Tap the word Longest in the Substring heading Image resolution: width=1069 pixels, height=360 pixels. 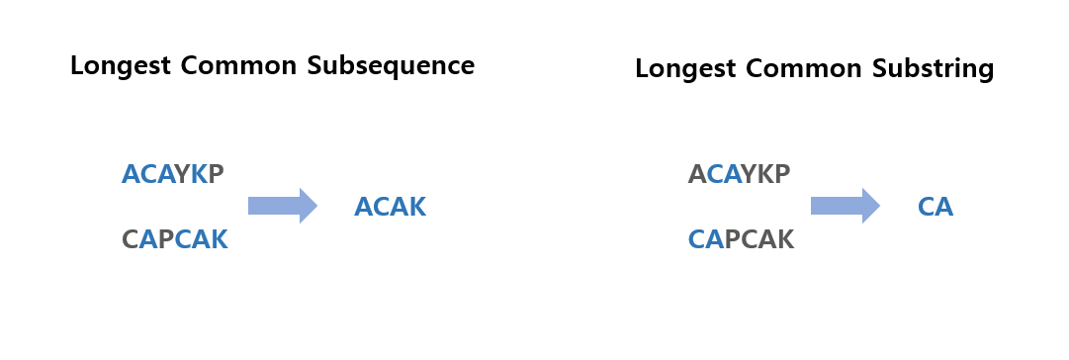click(684, 69)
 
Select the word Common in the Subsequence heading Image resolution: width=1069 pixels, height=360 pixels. click(238, 66)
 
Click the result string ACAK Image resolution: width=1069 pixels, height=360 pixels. click(390, 207)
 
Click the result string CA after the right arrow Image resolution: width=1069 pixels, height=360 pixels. click(935, 207)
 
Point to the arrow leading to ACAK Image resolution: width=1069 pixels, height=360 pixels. click(283, 206)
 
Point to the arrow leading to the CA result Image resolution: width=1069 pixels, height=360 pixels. click(846, 206)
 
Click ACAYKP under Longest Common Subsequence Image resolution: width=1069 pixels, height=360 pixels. click(172, 174)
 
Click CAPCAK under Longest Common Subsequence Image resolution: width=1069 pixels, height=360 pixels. click(174, 239)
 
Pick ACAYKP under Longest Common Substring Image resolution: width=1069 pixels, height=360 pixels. click(739, 174)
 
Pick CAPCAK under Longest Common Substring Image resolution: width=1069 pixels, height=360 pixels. click(741, 239)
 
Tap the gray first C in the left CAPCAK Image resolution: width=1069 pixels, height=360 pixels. click(131, 239)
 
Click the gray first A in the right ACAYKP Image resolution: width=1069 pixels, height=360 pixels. click(697, 174)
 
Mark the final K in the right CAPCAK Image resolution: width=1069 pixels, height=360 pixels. click(785, 239)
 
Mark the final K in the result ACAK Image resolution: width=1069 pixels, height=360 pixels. click(417, 207)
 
